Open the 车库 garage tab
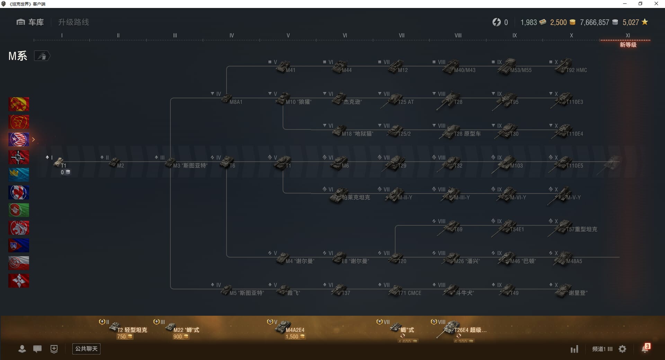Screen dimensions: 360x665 coord(30,22)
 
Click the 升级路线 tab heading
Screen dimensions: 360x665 coord(73,22)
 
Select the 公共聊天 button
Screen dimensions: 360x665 coord(86,349)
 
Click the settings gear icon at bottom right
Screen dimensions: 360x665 coord(622,349)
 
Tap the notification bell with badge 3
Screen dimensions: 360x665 coord(645,349)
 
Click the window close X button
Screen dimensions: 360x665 coord(656,4)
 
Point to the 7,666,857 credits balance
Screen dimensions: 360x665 coord(594,22)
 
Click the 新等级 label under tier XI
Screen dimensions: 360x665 coord(628,45)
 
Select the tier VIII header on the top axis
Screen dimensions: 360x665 coord(458,35)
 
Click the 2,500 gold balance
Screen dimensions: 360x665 coord(558,22)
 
